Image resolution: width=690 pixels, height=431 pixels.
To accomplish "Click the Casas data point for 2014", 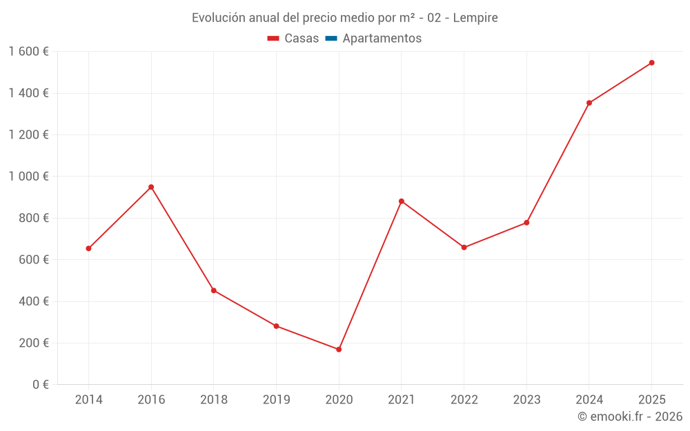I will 88,248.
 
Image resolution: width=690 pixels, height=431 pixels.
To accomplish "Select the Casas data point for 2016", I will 151,187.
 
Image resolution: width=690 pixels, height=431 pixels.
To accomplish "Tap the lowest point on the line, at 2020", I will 339,350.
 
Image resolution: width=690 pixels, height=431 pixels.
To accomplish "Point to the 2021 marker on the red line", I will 402,201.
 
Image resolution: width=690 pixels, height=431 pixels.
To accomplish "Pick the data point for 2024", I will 589,103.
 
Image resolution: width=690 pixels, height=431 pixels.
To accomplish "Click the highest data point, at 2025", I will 651,63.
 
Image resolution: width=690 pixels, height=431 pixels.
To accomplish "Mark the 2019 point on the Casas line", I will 276,326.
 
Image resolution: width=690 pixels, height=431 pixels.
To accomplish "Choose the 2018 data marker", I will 214,290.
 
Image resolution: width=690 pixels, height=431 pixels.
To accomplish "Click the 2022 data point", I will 464,248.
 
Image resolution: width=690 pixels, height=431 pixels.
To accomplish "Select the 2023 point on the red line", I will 526,223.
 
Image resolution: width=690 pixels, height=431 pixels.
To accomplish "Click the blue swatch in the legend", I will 331,39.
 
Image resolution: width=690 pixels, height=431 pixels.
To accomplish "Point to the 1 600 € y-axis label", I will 28,52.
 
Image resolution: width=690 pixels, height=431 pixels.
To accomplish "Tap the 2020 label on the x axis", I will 339,400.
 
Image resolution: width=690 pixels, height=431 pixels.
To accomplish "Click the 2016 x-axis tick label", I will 151,400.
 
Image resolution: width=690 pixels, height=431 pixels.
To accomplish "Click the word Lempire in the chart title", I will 475,18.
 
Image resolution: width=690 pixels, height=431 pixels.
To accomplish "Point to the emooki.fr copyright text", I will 630,417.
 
